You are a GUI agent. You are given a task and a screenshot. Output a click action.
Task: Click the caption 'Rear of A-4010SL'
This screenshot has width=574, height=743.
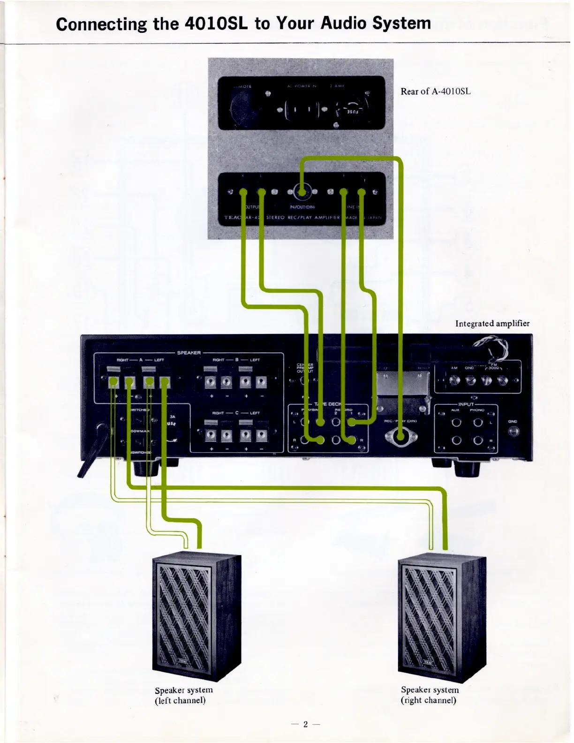tap(435, 91)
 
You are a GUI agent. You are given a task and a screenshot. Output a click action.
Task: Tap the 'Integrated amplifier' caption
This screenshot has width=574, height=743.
tap(492, 324)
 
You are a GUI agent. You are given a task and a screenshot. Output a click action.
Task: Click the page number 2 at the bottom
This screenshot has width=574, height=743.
tap(305, 724)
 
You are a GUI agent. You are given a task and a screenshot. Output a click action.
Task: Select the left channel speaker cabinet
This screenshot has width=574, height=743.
tap(197, 617)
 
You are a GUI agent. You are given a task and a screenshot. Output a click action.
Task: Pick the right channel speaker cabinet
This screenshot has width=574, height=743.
tap(442, 617)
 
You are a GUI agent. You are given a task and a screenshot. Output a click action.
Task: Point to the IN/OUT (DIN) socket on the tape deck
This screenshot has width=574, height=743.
tap(302, 191)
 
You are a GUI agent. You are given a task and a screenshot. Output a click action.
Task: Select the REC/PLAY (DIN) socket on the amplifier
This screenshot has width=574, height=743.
tap(400, 437)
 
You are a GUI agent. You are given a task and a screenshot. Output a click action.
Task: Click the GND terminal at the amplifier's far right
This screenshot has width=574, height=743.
tap(513, 431)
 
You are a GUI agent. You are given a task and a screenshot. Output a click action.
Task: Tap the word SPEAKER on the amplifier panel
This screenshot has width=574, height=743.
tap(189, 353)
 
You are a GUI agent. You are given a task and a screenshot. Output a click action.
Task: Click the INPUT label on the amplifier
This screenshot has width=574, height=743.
tap(466, 404)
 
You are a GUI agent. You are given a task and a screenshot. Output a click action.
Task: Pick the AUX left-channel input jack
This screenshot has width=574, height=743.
tap(456, 423)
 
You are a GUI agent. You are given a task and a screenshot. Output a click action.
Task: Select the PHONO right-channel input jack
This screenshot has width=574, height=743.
tap(478, 440)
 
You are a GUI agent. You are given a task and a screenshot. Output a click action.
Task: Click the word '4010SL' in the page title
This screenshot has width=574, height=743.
tap(216, 23)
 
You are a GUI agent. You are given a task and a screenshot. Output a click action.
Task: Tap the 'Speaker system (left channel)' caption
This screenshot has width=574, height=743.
tap(183, 695)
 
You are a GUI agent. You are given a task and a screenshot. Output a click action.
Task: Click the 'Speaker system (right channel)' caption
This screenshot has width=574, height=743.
tap(429, 695)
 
